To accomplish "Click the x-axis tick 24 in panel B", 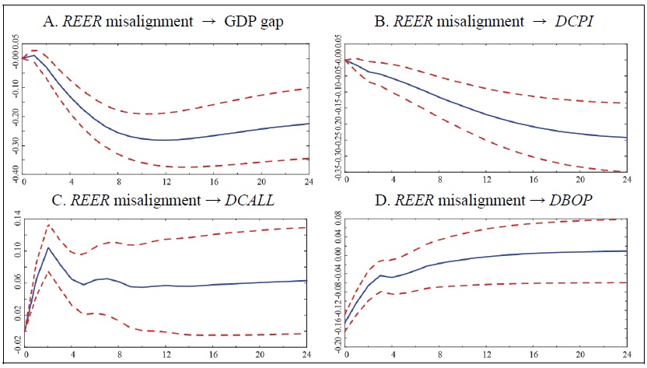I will (624, 180).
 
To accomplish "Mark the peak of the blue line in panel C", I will (49, 248).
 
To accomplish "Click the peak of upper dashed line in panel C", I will (49, 225).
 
